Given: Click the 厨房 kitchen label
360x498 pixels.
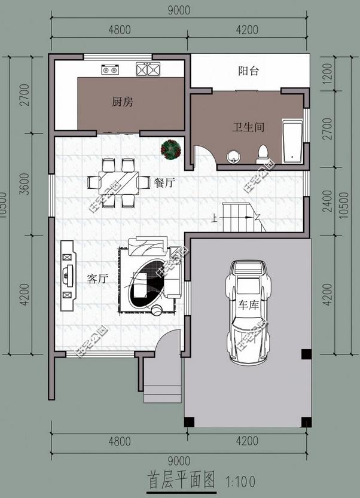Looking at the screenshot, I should [x=122, y=102].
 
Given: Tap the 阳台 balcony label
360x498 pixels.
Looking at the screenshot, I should [x=248, y=71].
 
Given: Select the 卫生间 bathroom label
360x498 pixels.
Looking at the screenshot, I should [x=248, y=127].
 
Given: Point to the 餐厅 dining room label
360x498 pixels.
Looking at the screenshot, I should [x=164, y=183].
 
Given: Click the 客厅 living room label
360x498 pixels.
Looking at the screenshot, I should [x=97, y=279].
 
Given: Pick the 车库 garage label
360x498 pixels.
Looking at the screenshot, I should [x=249, y=305].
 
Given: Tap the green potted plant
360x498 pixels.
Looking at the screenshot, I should [x=171, y=148].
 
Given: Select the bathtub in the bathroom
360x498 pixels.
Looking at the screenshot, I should [x=292, y=142].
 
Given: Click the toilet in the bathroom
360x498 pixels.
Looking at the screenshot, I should [x=262, y=155].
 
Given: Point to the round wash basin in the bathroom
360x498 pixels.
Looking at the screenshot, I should [x=234, y=156].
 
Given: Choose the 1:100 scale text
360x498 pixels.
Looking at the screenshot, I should [x=242, y=480].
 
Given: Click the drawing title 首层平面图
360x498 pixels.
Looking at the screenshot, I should [x=181, y=479].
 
